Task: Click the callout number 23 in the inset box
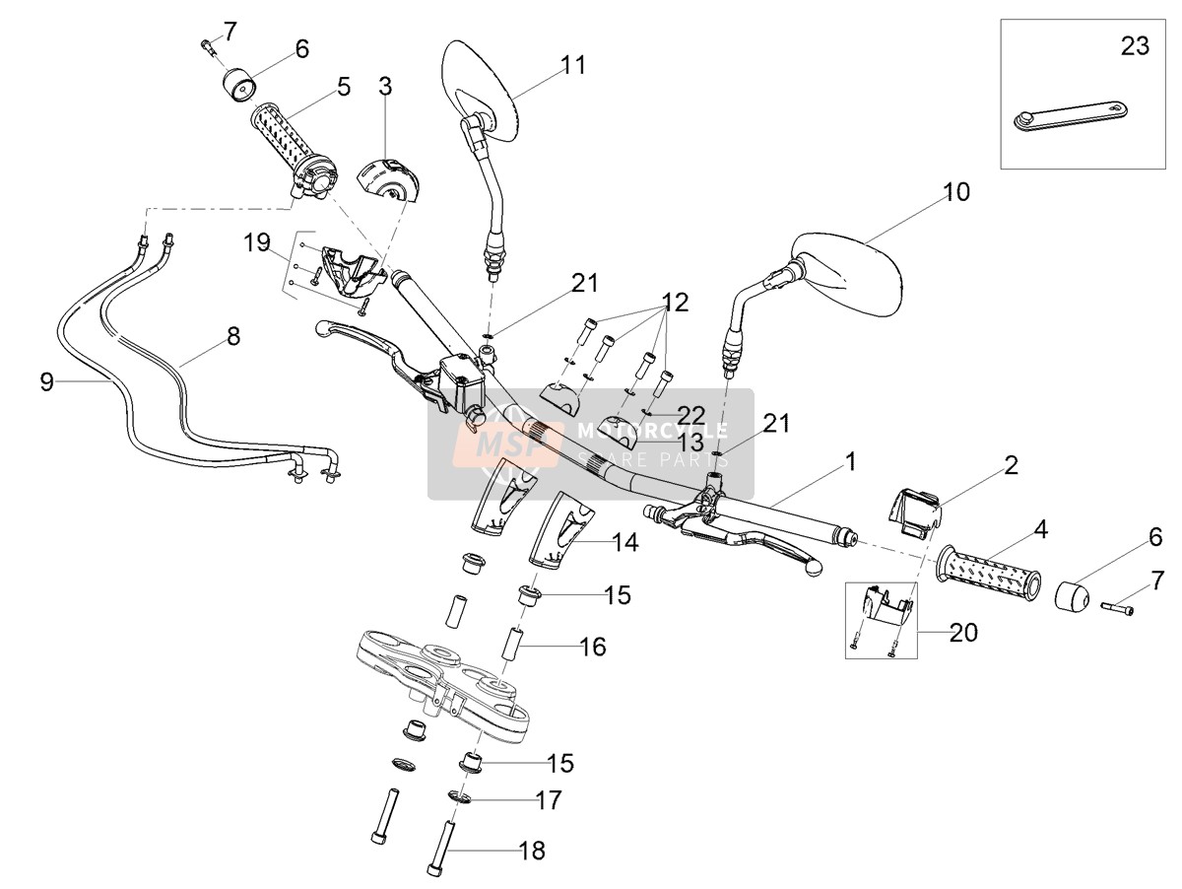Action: coord(1135,45)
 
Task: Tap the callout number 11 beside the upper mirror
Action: coord(572,65)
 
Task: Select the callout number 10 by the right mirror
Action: coord(956,192)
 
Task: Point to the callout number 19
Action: coord(257,242)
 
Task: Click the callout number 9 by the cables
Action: coord(47,382)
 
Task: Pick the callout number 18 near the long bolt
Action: coord(532,851)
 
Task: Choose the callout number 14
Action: coord(625,542)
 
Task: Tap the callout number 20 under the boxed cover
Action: coord(963,633)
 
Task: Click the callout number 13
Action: coord(690,443)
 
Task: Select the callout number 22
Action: coord(690,415)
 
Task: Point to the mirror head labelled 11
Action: coord(481,91)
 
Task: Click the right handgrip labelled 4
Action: coord(989,573)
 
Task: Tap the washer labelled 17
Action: coord(458,794)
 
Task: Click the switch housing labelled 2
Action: coord(914,513)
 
